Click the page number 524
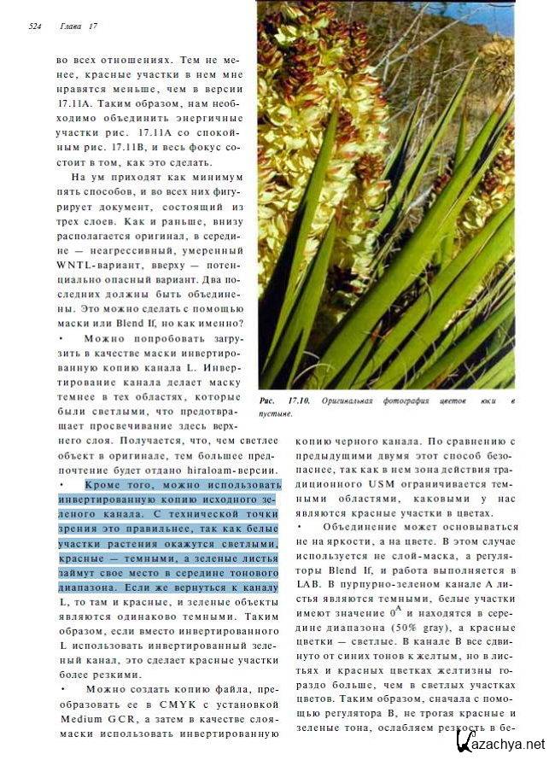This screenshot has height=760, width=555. pyautogui.click(x=35, y=26)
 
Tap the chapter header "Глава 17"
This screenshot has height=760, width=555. pyautogui.click(x=79, y=26)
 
